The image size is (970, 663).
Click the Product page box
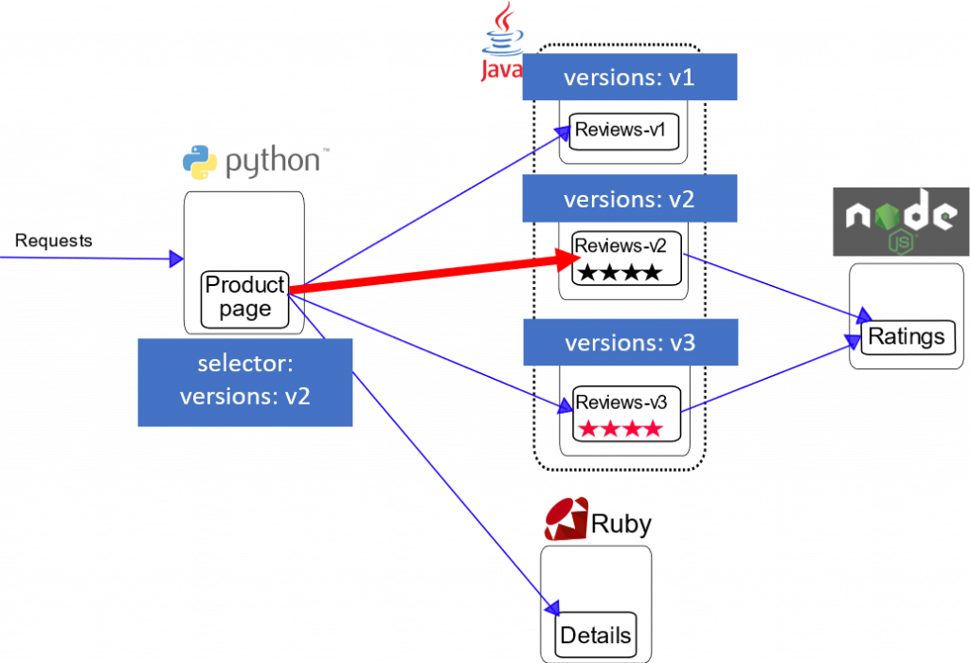(245, 297)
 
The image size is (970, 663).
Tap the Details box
(596, 635)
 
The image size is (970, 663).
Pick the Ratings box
(907, 336)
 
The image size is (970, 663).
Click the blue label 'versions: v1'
(629, 77)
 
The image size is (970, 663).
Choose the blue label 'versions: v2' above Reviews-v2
(629, 199)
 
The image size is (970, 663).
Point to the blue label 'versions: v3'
(629, 342)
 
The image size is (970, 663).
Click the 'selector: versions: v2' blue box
(245, 382)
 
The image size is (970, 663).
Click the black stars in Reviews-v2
(620, 273)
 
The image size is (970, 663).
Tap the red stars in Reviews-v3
(620, 428)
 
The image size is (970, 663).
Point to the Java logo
(499, 43)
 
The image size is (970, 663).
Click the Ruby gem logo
(566, 519)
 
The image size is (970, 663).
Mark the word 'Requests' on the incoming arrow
(54, 241)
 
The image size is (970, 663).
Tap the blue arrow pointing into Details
(455, 493)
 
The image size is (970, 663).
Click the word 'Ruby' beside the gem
(621, 524)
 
